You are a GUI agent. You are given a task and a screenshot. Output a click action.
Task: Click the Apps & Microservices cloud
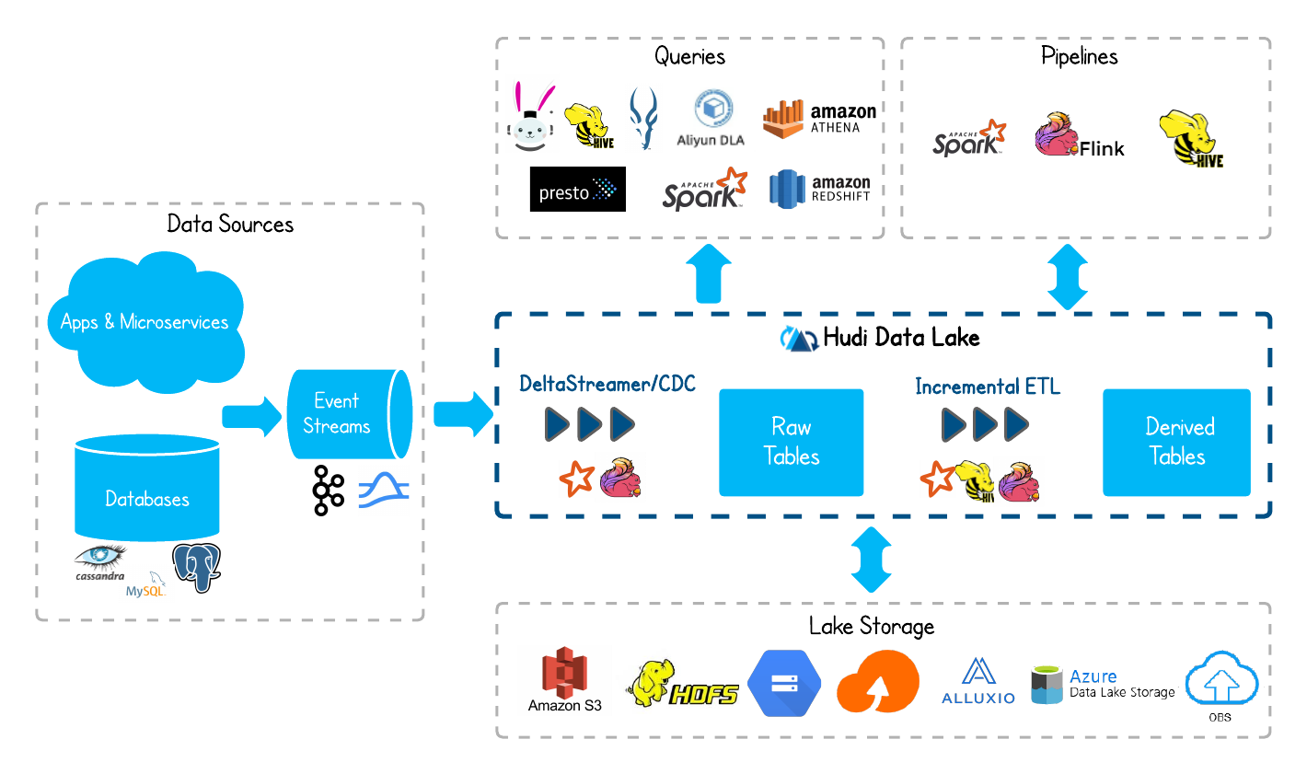(145, 321)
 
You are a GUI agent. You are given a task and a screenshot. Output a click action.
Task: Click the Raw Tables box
(792, 442)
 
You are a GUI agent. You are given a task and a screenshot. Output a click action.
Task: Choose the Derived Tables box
(1177, 442)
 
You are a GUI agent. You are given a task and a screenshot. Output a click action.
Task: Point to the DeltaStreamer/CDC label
(607, 384)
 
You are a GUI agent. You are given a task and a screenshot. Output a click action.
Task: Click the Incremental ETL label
(988, 387)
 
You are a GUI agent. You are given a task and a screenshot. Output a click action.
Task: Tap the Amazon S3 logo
(564, 680)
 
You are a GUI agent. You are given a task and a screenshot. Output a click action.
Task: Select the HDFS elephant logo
(677, 682)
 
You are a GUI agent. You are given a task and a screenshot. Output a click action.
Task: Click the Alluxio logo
(978, 682)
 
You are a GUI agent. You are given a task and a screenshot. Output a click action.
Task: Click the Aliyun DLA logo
(712, 121)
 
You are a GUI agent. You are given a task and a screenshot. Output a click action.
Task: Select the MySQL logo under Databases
(146, 584)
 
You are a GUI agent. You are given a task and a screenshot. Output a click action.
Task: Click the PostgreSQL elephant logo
(197, 566)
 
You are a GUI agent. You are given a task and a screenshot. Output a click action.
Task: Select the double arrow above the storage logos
(871, 559)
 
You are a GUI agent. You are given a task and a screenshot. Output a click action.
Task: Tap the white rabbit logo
(532, 113)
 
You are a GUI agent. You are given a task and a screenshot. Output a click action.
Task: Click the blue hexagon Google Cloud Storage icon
(783, 683)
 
